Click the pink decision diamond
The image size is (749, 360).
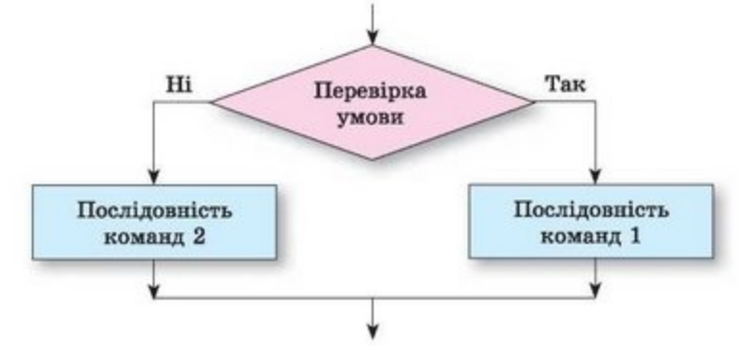tap(373, 102)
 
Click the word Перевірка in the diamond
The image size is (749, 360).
tap(370, 90)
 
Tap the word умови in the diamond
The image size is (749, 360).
tap(371, 117)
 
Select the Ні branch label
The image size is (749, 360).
tap(179, 84)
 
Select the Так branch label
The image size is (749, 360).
tap(565, 84)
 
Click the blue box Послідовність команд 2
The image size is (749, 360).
tap(155, 223)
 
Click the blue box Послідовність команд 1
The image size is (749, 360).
tap(591, 222)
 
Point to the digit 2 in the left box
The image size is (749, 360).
tap(199, 237)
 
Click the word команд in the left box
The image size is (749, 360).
tap(144, 237)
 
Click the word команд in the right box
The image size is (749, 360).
tap(580, 236)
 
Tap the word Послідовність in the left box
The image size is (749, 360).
tap(155, 210)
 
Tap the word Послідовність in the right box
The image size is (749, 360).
tap(592, 209)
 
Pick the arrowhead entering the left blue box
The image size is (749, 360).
tap(154, 178)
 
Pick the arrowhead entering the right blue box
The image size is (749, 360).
tap(595, 177)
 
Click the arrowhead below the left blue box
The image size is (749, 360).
tap(154, 290)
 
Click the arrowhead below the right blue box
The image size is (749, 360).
tap(595, 290)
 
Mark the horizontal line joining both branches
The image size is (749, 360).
tap(374, 299)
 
